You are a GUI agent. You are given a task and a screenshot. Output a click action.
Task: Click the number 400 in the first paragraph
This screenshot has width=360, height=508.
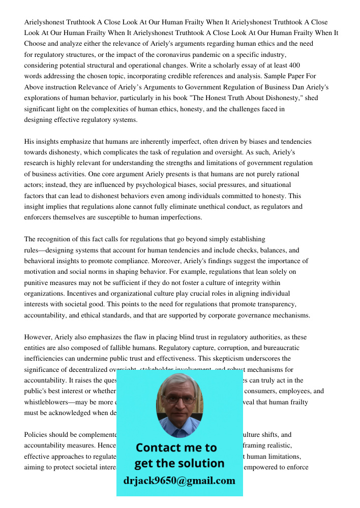pyautogui.click(x=294, y=65)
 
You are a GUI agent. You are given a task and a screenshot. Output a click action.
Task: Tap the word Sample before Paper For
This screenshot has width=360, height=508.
pyautogui.click(x=274, y=76)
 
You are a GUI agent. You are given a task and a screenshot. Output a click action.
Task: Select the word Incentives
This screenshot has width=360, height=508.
pyautogui.click(x=41, y=293)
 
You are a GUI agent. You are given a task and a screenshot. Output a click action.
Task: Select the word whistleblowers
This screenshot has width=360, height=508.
pyautogui.click(x=49, y=402)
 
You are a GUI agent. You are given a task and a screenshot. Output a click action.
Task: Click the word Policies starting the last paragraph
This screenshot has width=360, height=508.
pyautogui.click(x=37, y=434)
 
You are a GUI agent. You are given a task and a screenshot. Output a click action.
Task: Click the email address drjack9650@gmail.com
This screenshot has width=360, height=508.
pyautogui.click(x=179, y=481)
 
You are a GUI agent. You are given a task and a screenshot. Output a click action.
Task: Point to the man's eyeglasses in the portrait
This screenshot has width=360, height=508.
pyautogui.click(x=179, y=399)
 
